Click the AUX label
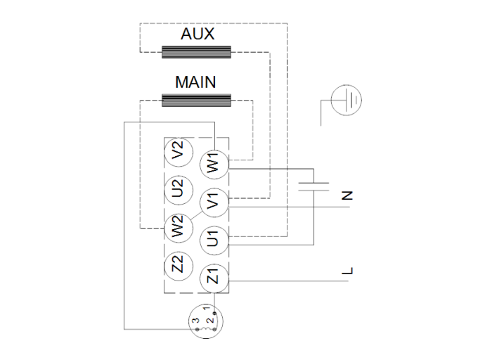point(197,34)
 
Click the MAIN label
point(196,82)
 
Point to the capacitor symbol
point(313,186)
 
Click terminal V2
point(178,150)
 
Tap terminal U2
point(178,188)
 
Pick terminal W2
point(178,226)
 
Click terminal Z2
point(178,264)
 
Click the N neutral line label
point(345,195)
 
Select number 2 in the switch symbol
point(209,320)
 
